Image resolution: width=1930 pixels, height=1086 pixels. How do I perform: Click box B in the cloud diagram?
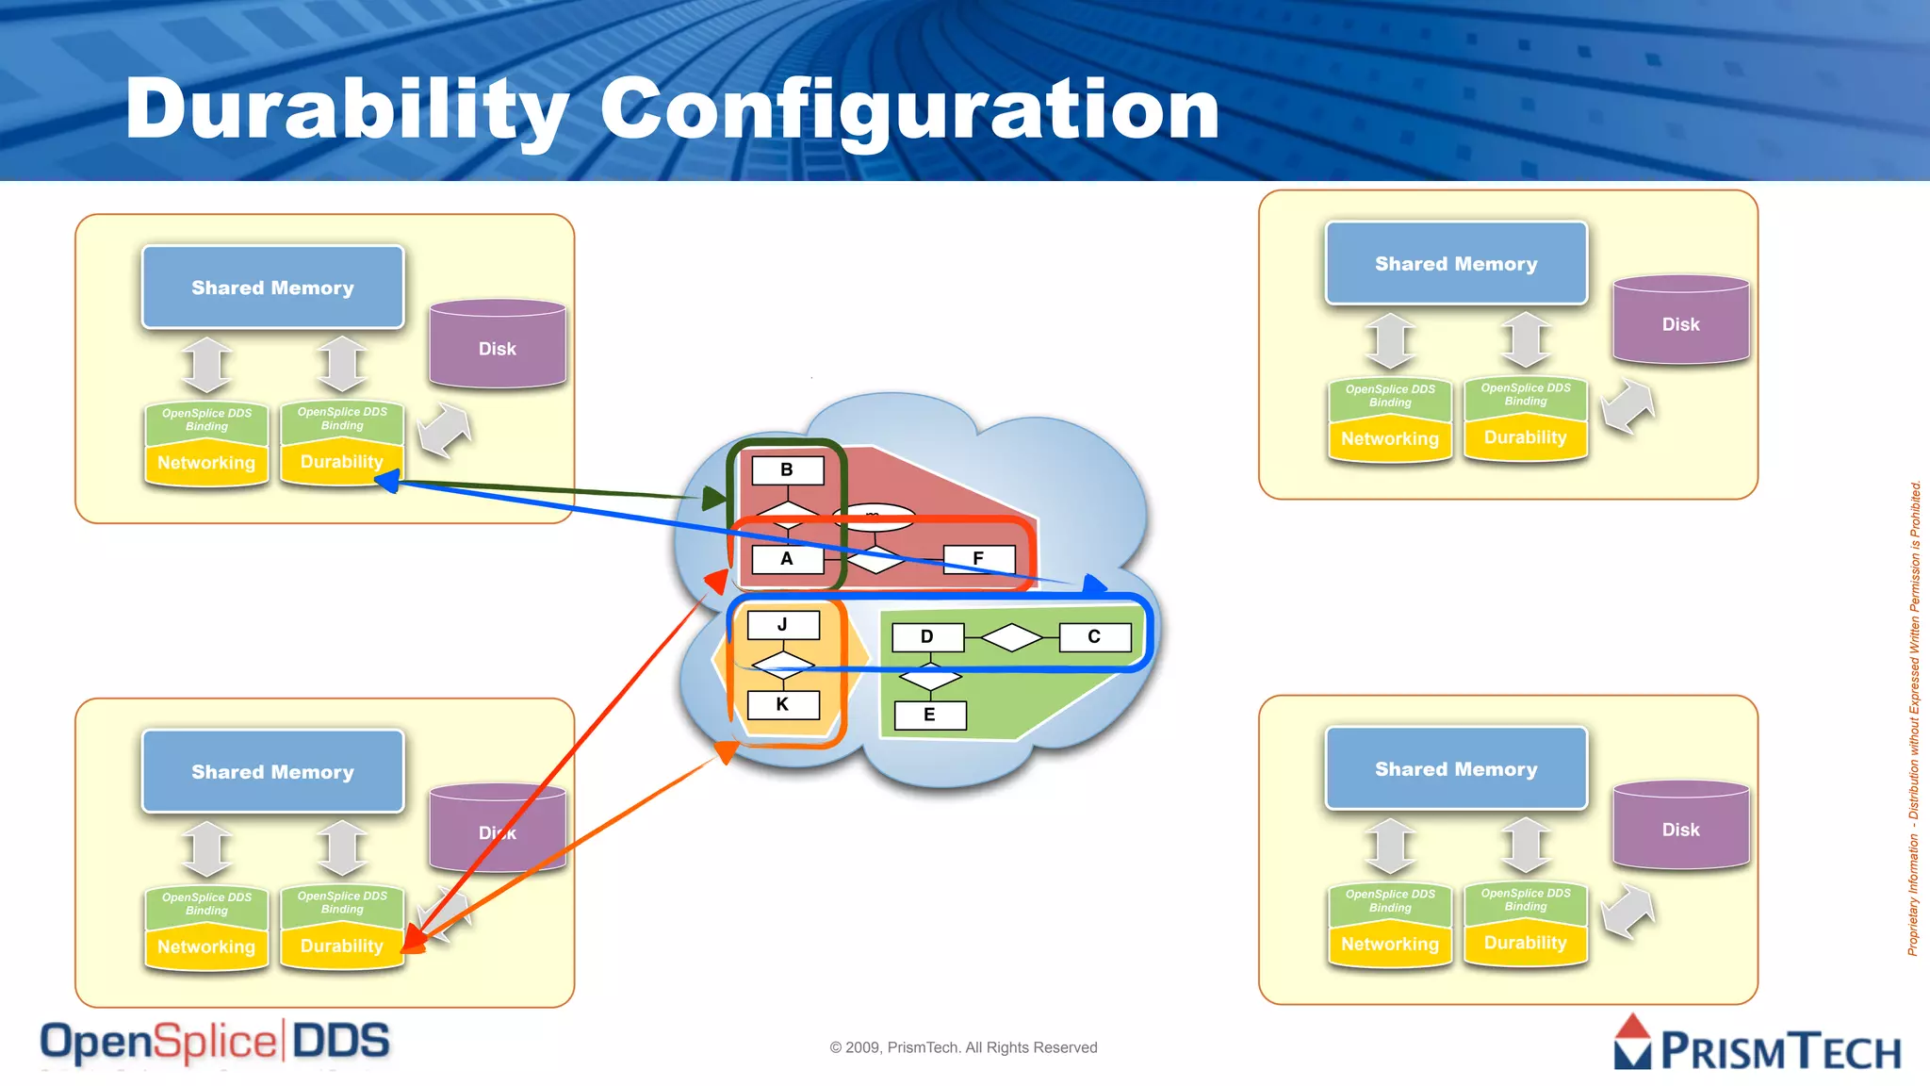[787, 469]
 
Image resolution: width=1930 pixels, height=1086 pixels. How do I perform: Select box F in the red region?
[978, 558]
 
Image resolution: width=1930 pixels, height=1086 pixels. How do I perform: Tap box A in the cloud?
[787, 558]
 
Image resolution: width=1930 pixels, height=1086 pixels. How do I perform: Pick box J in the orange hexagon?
[782, 625]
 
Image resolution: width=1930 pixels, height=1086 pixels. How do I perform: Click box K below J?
[782, 704]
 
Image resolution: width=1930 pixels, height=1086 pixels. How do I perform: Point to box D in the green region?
[927, 637]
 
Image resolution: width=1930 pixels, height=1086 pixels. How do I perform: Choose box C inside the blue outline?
[1094, 637]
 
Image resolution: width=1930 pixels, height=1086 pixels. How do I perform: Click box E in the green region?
[929, 715]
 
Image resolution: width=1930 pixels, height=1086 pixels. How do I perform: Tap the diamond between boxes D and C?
[1011, 637]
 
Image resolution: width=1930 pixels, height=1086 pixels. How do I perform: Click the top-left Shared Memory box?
[272, 288]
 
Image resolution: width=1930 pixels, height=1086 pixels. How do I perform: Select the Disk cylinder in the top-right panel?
[1680, 323]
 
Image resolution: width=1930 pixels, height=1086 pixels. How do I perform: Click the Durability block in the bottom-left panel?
[341, 946]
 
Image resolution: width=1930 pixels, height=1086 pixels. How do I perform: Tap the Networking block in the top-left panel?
[206, 463]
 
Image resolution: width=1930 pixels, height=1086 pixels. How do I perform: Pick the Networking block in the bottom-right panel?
[1390, 944]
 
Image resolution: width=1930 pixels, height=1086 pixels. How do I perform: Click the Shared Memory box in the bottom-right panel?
[1456, 769]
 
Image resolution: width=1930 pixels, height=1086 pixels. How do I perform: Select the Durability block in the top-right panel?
[1525, 437]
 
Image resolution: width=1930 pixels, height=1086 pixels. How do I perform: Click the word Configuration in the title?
[909, 111]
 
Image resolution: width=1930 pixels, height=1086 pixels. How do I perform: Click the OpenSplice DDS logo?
[215, 1043]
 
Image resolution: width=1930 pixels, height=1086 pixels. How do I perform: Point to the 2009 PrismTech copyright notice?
[963, 1047]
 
